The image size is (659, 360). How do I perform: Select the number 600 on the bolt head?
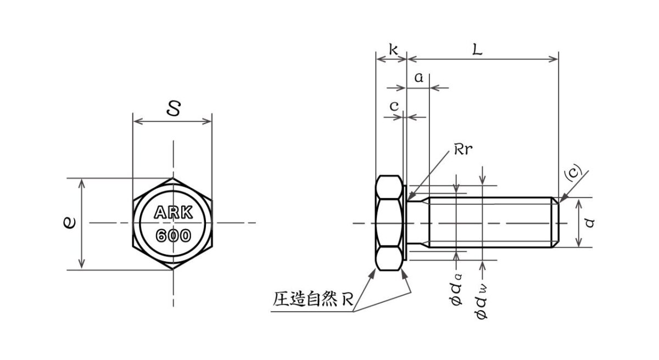click(x=173, y=236)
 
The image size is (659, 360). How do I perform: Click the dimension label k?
click(x=393, y=50)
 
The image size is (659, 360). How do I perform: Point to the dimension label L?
click(x=477, y=50)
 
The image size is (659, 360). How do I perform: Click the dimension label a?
click(x=418, y=78)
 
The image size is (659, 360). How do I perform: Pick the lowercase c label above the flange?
click(x=394, y=107)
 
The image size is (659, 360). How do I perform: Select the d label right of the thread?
click(x=590, y=223)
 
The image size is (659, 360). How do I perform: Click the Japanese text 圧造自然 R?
click(x=313, y=300)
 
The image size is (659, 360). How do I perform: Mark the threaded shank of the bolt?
click(x=489, y=223)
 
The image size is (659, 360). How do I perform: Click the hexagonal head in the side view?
click(x=390, y=223)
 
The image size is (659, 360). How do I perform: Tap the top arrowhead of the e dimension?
click(x=82, y=182)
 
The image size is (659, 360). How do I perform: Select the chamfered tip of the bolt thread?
click(x=556, y=223)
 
